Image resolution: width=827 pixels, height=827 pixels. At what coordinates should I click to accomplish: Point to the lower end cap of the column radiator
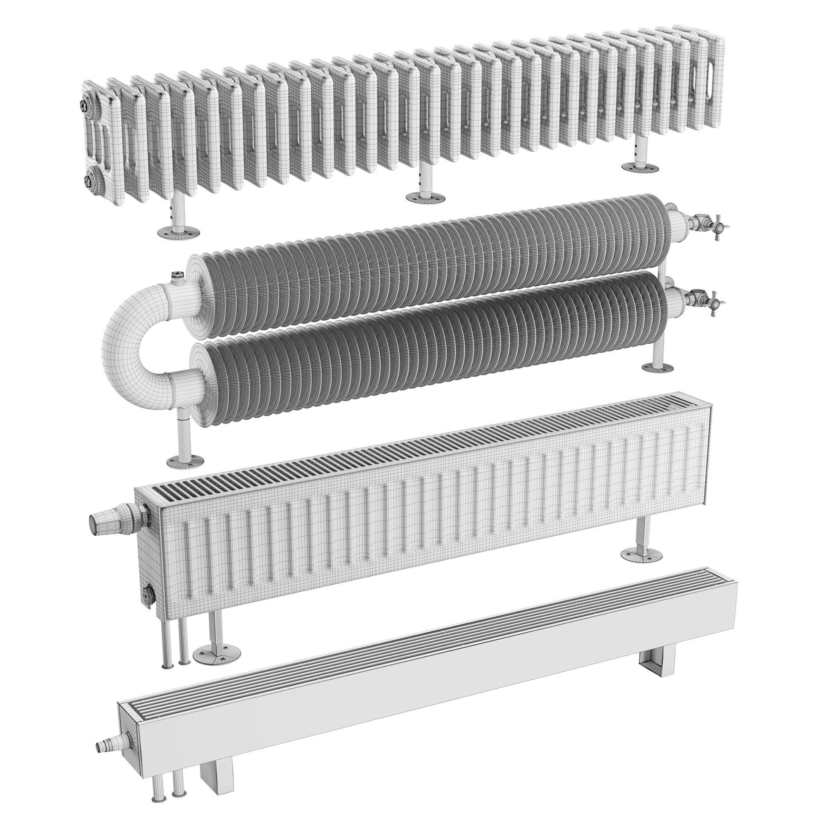pyautogui.click(x=90, y=180)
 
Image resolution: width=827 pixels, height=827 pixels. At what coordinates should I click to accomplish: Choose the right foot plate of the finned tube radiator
pyautogui.click(x=658, y=367)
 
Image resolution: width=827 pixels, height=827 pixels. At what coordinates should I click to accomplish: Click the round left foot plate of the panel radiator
pyautogui.click(x=217, y=666)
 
